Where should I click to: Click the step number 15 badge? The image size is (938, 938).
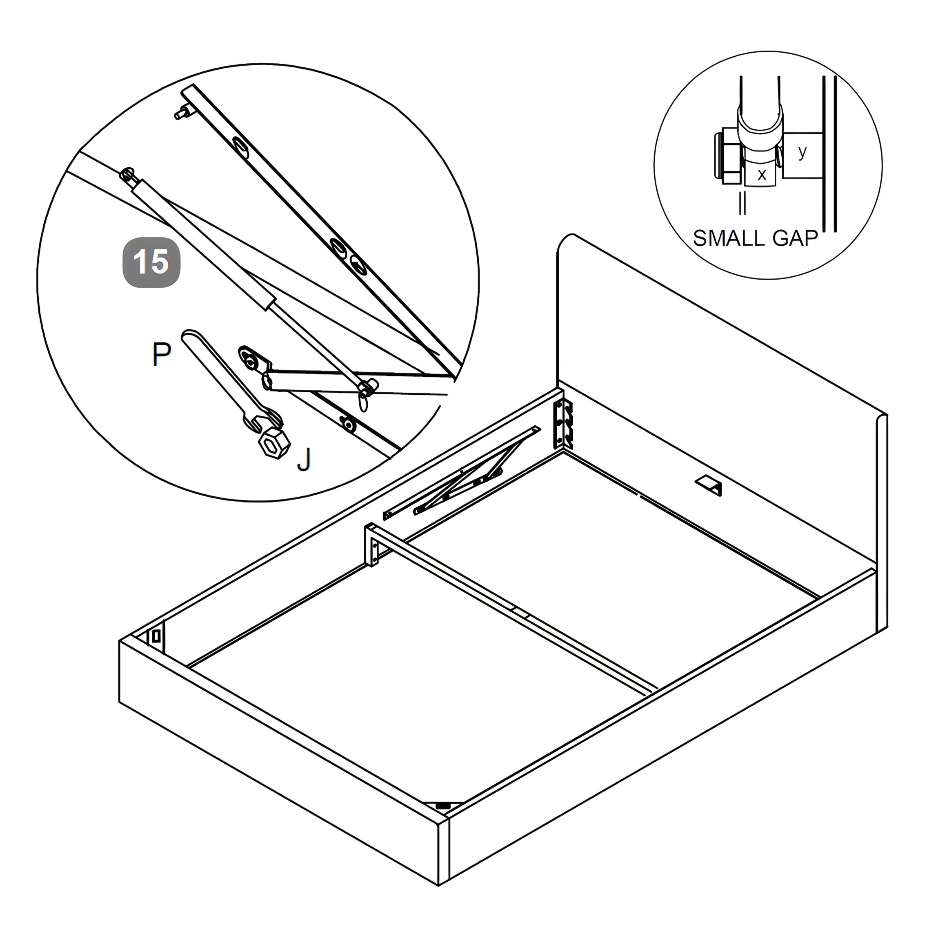(151, 262)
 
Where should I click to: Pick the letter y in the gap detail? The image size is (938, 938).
(802, 152)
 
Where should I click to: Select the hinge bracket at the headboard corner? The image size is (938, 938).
(563, 424)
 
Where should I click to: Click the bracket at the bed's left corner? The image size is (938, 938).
(156, 636)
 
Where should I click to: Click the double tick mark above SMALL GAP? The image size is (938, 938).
(742, 202)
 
